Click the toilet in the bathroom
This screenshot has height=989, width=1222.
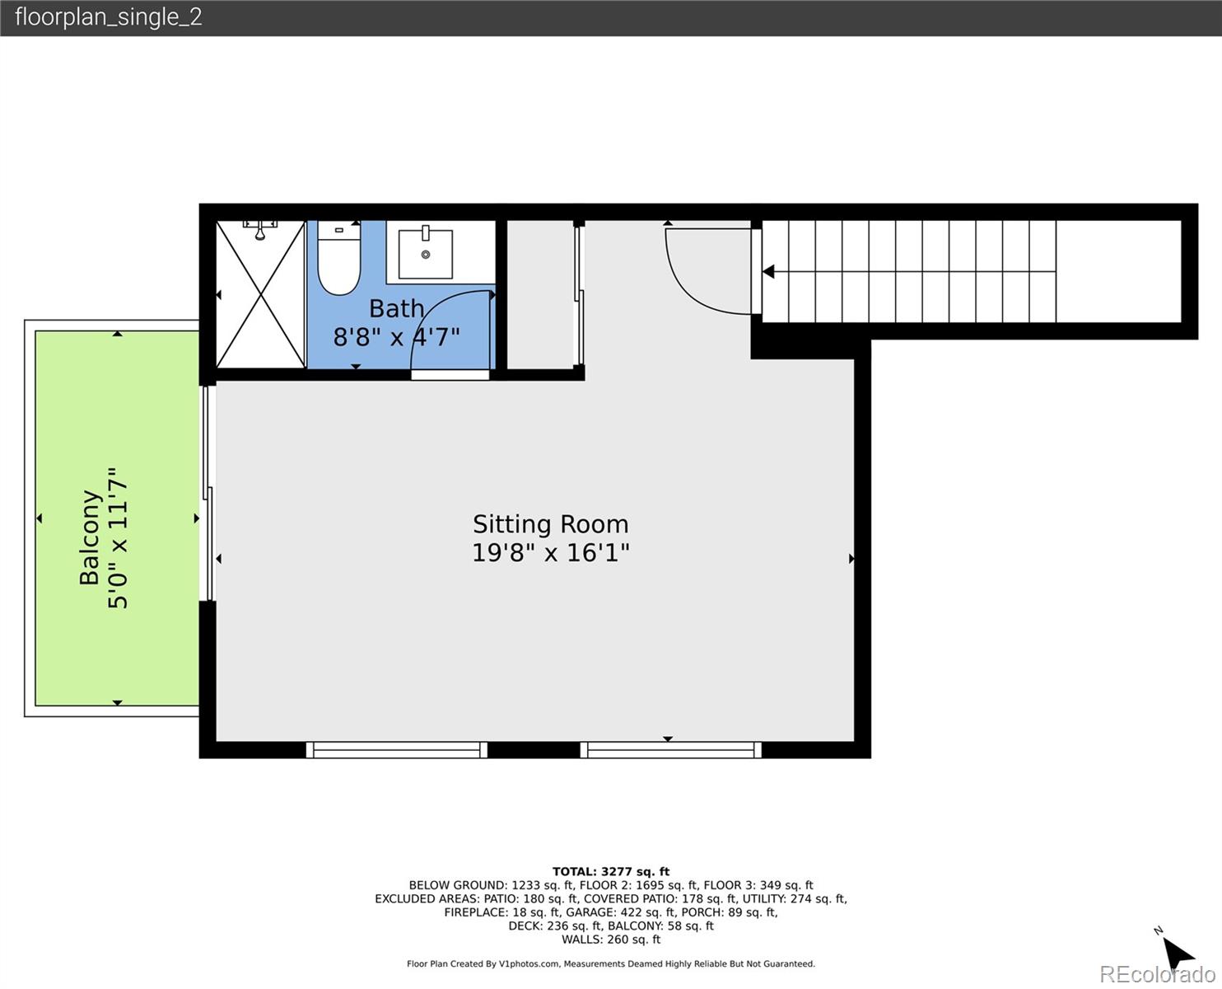coord(338,262)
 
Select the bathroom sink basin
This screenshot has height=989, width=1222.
coord(426,254)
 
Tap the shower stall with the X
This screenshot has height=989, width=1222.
coord(260,294)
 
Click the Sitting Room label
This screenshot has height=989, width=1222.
coord(550,524)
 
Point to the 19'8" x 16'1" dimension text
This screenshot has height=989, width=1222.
coord(550,552)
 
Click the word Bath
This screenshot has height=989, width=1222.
coord(396,308)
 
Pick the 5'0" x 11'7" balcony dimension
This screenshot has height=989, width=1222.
coord(119,537)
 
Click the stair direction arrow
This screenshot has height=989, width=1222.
coord(768,271)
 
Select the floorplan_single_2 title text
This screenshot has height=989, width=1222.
coord(108,17)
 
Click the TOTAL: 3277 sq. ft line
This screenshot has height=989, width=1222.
coord(610,871)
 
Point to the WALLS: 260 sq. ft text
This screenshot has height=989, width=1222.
coord(610,940)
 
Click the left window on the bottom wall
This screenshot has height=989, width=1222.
coord(396,749)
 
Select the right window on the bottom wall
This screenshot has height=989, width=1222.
coord(670,749)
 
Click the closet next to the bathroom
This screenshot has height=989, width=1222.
coord(539,294)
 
